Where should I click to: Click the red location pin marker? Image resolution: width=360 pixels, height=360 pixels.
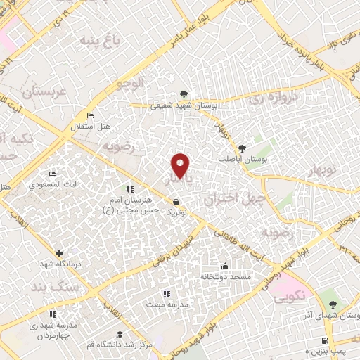181,165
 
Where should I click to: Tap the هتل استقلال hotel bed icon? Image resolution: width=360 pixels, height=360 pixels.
89,115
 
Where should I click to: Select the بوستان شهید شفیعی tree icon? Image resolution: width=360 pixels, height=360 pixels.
184,94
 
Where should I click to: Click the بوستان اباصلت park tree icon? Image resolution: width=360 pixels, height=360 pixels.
243,148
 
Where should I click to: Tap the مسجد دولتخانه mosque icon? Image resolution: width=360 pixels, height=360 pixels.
224,266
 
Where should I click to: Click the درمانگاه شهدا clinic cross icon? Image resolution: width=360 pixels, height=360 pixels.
59,253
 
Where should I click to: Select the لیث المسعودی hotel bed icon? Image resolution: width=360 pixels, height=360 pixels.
51,174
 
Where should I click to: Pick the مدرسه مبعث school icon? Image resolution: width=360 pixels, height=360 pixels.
166,294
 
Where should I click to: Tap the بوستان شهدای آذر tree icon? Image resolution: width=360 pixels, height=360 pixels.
333,304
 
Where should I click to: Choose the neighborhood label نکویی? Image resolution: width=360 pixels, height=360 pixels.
288,297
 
